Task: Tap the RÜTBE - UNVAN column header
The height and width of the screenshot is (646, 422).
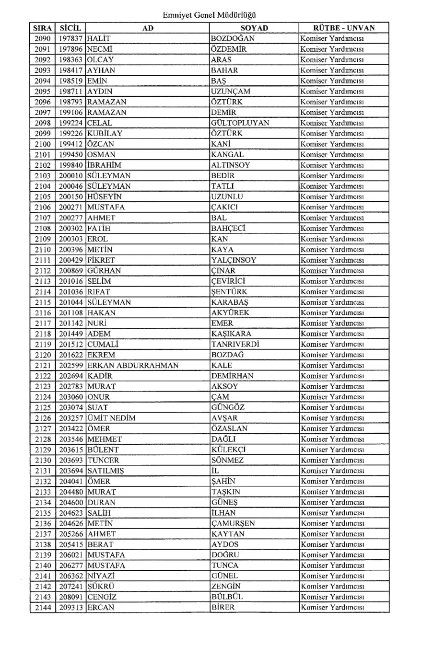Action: [343, 28]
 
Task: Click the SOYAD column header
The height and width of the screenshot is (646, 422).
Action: [254, 28]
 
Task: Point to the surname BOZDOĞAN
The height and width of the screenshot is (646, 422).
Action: [233, 38]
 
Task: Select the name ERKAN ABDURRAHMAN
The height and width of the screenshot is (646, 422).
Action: [132, 365]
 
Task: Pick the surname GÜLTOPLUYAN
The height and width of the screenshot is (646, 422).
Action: [240, 123]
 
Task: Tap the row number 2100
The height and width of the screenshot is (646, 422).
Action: [43, 144]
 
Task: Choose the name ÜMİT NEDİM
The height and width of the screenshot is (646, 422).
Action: [111, 418]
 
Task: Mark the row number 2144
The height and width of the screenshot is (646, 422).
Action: [43, 608]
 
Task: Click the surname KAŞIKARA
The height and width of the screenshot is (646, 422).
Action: [231, 334]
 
